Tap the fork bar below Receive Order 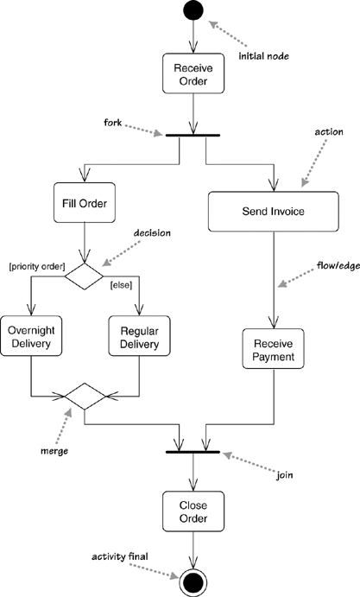tap(193, 135)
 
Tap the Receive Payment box tap(274, 349)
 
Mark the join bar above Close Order tap(193, 452)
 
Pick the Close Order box tap(193, 511)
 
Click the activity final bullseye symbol tap(193, 579)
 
